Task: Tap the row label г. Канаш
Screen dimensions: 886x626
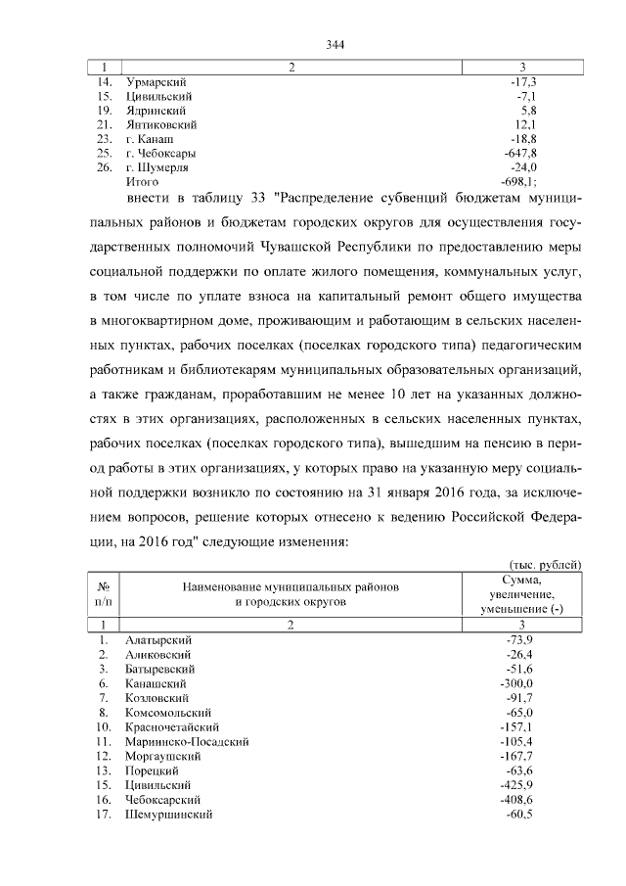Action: coord(150,140)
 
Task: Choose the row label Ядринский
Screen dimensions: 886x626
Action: coord(156,112)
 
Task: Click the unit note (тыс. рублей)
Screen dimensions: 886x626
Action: coord(546,565)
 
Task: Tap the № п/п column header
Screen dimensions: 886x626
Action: coord(105,595)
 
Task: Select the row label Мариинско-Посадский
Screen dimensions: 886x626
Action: coord(187,742)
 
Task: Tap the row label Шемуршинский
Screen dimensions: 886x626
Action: coord(168,815)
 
